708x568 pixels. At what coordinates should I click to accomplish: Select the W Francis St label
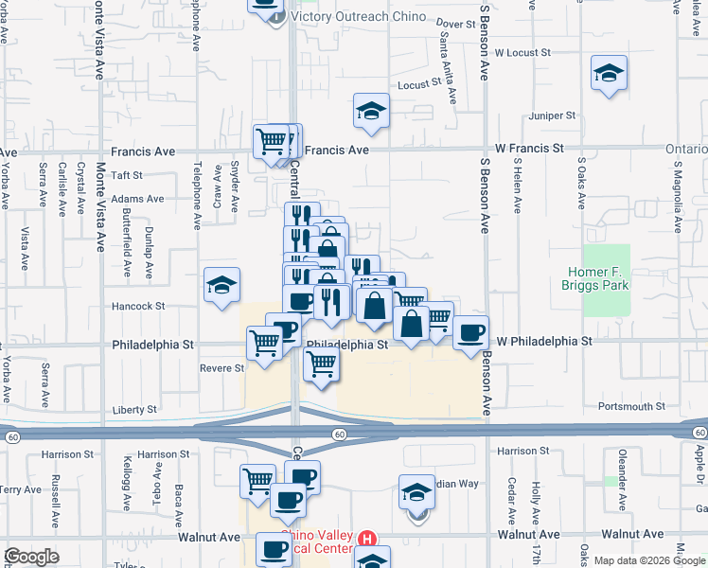pos(529,149)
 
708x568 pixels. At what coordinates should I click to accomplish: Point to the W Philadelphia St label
pos(544,340)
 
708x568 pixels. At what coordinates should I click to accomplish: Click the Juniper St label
pos(553,115)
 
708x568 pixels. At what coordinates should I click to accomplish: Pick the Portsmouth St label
pos(631,406)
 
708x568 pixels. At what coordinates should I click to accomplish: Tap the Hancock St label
pos(139,307)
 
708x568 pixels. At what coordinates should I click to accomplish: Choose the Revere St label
pos(221,368)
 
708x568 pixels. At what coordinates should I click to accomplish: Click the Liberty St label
pos(134,410)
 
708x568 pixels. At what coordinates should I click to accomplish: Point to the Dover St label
pos(455,23)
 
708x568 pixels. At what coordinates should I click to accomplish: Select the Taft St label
pos(126,175)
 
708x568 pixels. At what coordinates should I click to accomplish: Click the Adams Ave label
pos(137,199)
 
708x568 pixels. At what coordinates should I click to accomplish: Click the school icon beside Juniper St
pos(609,73)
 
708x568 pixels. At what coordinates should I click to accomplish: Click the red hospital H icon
pos(368,538)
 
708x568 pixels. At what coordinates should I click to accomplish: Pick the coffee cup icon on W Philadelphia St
pos(470,332)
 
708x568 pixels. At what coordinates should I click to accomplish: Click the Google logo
pos(31,557)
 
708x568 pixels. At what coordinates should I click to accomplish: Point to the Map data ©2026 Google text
pos(649,560)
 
